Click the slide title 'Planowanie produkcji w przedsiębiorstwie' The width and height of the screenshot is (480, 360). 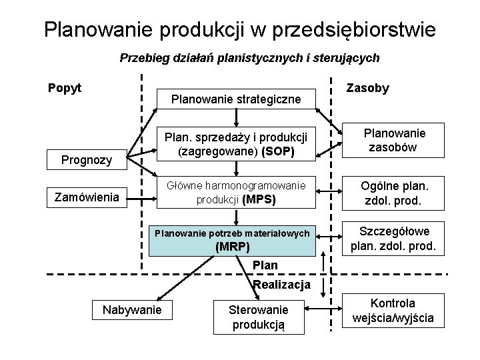240,29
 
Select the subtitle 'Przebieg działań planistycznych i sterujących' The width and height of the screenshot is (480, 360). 249,58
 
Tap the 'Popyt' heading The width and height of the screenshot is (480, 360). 64,87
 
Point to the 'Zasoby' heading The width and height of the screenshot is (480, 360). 367,89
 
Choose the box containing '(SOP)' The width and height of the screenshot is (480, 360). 233,144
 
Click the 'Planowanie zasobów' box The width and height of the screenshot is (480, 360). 394,140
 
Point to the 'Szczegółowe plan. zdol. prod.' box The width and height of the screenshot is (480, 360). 394,239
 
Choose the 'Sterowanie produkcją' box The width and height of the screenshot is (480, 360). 258,317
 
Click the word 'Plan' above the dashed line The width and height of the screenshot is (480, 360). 265,265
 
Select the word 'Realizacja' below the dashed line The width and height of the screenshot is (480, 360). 282,285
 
